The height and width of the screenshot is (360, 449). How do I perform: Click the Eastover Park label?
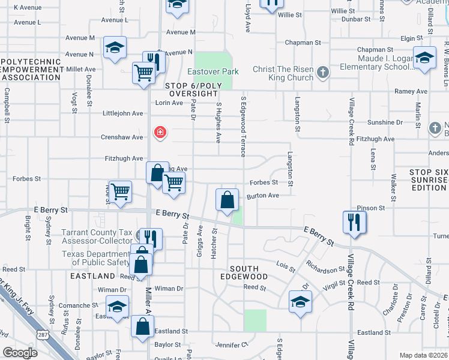pos(213,71)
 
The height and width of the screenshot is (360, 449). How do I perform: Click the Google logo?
pos(20,353)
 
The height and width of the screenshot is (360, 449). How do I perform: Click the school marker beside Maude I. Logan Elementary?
pos(424,58)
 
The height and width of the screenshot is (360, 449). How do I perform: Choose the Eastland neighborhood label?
pos(92,276)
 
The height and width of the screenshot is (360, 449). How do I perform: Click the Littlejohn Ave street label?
pos(123,113)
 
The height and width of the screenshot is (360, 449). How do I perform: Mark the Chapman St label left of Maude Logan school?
pos(303,43)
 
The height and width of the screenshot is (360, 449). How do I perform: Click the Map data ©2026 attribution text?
pos(423,355)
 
